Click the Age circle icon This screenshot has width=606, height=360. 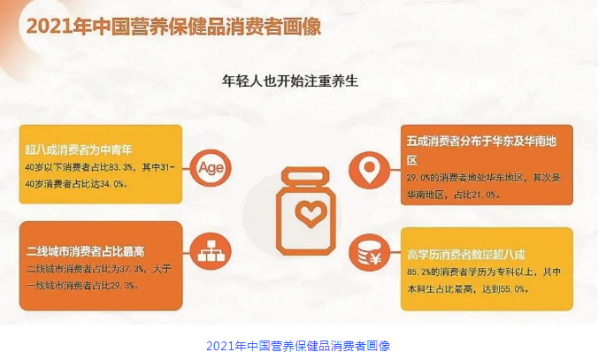point(211,168)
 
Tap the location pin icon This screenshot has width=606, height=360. point(369,170)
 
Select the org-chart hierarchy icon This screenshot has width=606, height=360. point(211,251)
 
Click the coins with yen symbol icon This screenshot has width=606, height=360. point(369,253)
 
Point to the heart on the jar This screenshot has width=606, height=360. point(311,213)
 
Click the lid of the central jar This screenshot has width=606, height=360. point(305,177)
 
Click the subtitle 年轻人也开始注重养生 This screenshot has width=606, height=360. point(290,80)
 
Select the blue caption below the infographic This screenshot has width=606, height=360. point(298,346)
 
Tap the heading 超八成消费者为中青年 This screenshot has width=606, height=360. point(79,149)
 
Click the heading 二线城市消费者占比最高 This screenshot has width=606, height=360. point(85,251)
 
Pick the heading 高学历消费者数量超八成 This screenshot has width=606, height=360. point(465,255)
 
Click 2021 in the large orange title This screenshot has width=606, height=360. point(50,27)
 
